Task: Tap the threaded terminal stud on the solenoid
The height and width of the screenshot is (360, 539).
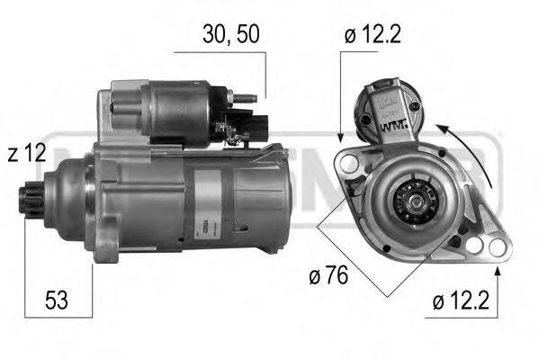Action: pos(249,97)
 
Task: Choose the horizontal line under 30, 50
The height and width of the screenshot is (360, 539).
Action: pos(220,53)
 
